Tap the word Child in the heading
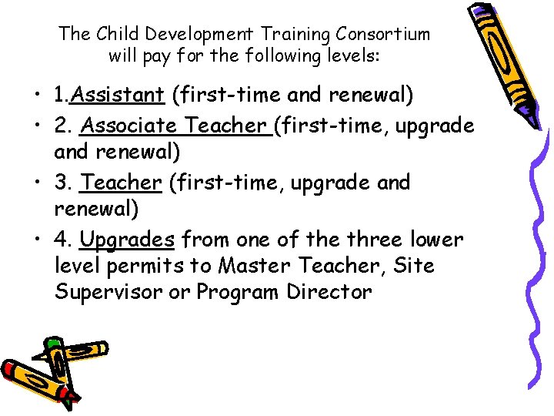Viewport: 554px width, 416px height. pos(113,34)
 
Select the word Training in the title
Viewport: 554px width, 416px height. pos(293,34)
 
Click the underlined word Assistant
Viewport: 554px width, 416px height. pos(121,96)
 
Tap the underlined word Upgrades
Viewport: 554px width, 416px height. pos(128,240)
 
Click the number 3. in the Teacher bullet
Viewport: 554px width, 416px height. pos(64,183)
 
